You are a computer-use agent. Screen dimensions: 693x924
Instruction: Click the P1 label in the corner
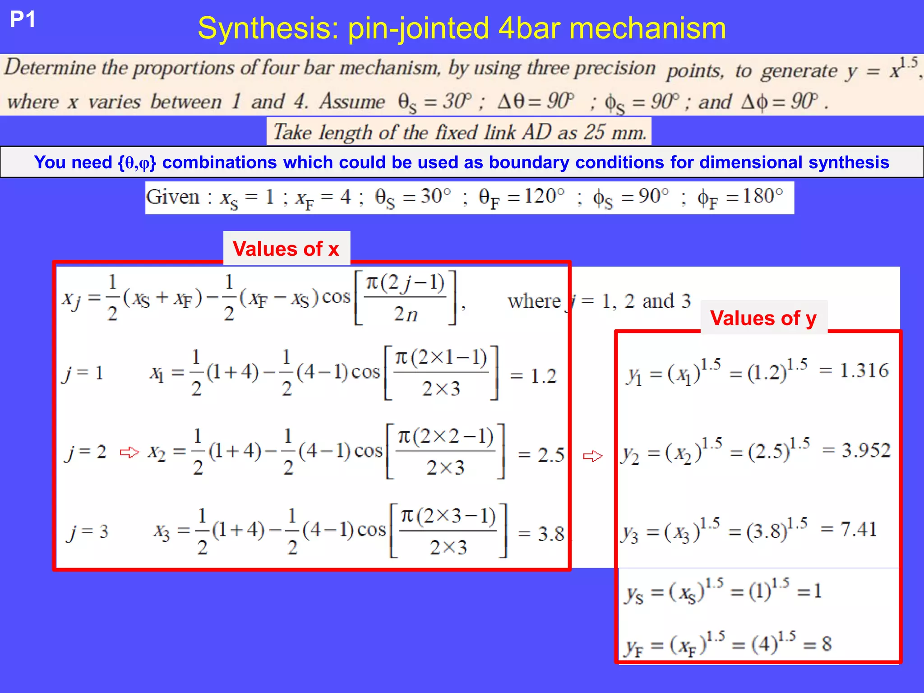[x=23, y=20]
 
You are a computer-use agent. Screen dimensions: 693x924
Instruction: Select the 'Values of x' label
[x=286, y=249]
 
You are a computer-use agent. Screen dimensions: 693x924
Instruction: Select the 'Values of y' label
[x=763, y=318]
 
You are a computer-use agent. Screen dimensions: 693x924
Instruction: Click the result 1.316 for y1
[x=864, y=370]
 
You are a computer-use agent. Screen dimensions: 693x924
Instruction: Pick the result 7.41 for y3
[x=859, y=529]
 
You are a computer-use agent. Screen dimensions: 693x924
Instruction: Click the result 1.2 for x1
[x=543, y=376]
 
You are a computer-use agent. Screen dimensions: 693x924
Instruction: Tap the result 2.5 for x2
[x=551, y=455]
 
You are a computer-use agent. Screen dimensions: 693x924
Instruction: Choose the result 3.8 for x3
[x=551, y=534]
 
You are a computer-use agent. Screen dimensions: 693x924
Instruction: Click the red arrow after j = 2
[x=129, y=452]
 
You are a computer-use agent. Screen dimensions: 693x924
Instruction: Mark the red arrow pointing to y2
[x=592, y=456]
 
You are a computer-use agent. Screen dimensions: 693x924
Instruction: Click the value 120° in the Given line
[x=544, y=196]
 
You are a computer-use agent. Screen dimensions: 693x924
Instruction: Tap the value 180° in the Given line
[x=762, y=196]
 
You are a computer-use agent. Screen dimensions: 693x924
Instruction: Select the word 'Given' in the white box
[x=173, y=197]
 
